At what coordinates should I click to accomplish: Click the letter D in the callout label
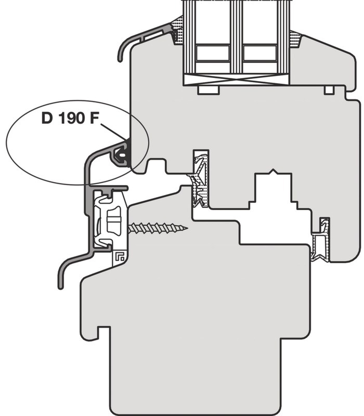pos(47,118)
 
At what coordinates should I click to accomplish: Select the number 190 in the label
pos(71,118)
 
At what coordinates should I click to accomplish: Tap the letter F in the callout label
pos(94,118)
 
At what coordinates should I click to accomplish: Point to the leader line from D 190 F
pos(113,132)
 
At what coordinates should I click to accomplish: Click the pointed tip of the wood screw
pos(187,228)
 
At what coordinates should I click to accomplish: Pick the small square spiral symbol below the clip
pos(120,256)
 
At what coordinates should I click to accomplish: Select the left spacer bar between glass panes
pos(213,53)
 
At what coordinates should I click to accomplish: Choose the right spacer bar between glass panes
pos(259,53)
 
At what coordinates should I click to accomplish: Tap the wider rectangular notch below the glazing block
pos(209,89)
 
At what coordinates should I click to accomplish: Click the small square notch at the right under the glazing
pos(329,90)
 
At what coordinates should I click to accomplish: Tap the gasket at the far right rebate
pos(321,240)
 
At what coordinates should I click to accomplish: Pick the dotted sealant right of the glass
pos(296,38)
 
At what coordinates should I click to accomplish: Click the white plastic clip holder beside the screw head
pos(110,220)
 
